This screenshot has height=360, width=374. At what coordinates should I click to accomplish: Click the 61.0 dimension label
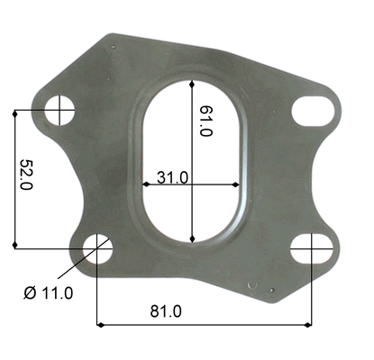pyautogui.click(x=206, y=121)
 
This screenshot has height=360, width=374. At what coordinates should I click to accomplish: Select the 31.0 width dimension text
pyautogui.click(x=172, y=177)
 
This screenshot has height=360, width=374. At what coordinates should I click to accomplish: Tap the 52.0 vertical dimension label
pyautogui.click(x=26, y=175)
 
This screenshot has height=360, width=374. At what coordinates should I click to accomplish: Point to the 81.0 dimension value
pyautogui.click(x=166, y=311)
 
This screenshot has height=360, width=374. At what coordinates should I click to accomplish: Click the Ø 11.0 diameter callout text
pyautogui.click(x=49, y=292)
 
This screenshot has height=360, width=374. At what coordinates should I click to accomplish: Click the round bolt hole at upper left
pyautogui.click(x=59, y=110)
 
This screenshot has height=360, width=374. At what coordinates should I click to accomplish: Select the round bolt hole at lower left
pyautogui.click(x=97, y=248)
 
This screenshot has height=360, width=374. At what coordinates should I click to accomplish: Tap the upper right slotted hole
pyautogui.click(x=313, y=111)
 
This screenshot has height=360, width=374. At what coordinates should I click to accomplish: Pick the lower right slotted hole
pyautogui.click(x=312, y=248)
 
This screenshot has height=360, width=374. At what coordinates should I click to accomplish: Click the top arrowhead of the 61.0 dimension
pyautogui.click(x=192, y=84)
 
